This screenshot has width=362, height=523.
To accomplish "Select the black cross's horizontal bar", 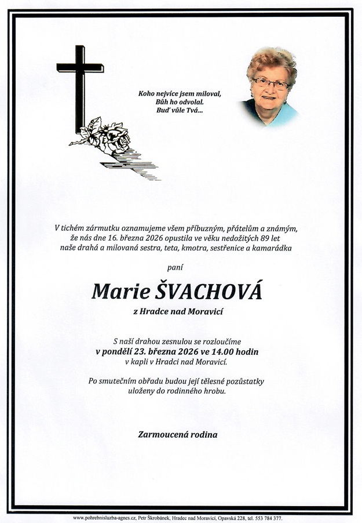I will [x=80, y=68].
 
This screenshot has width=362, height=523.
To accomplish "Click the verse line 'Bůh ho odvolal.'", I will [x=180, y=101].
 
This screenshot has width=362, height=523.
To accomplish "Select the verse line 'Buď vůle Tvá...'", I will [x=180, y=110].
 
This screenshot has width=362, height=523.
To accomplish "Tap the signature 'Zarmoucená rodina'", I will [x=178, y=434].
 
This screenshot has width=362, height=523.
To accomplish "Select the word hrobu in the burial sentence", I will [x=213, y=391].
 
